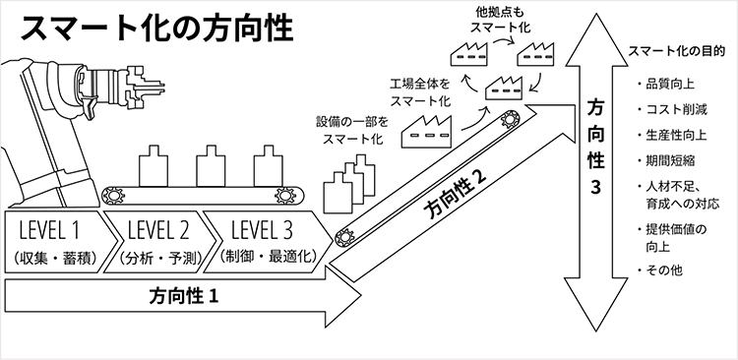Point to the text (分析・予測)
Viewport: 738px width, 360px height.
158,260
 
